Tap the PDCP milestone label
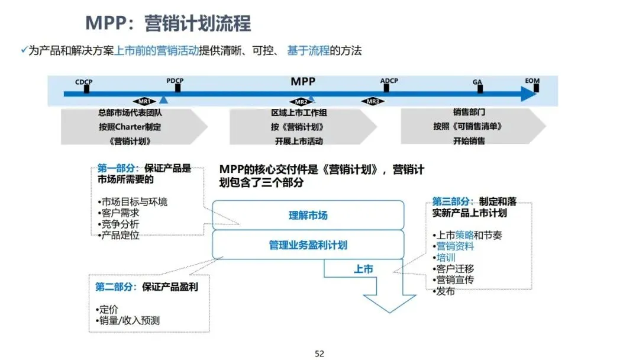175,81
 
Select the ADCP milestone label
389,81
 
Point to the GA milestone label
477,82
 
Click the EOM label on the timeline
532,81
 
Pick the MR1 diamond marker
143,101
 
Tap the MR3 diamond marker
373,101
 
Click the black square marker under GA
480,89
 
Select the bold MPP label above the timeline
303,81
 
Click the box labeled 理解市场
308,216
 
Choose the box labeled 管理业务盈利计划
308,245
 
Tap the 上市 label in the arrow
363,269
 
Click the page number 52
319,353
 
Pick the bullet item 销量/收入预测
130,321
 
